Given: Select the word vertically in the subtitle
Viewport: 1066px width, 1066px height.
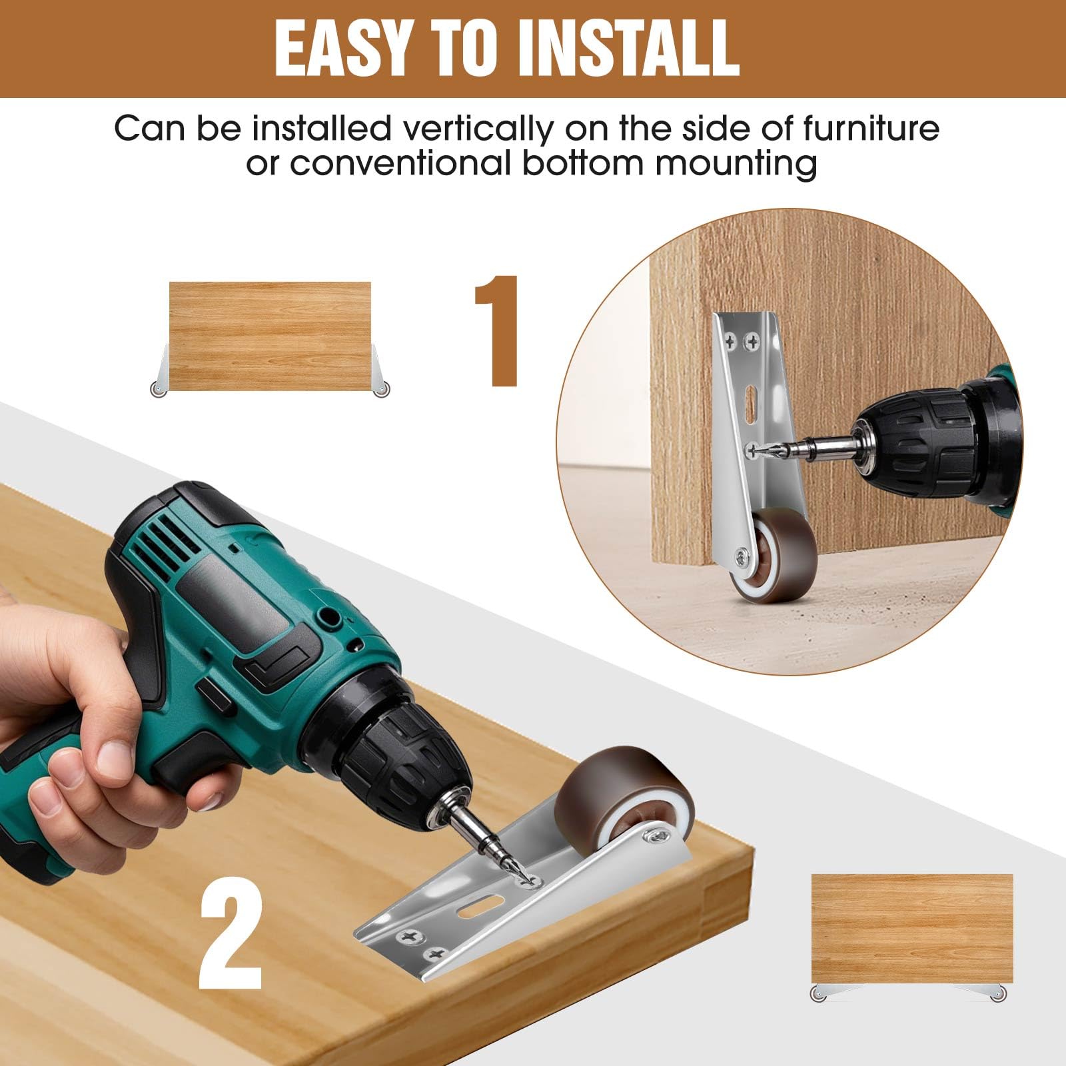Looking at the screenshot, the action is (x=474, y=129).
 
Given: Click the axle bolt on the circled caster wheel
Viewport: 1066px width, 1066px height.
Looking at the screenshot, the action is (x=742, y=554).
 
